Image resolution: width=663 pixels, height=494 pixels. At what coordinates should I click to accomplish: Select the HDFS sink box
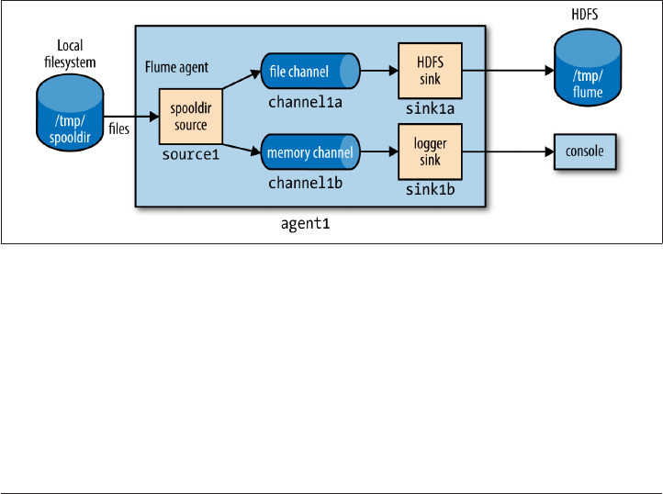(422, 69)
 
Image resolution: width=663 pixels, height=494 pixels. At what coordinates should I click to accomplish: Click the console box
(585, 152)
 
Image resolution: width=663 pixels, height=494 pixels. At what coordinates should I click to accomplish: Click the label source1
(190, 155)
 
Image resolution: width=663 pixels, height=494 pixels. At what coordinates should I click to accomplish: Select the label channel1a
(305, 102)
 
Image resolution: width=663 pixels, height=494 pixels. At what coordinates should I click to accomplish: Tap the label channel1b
(305, 184)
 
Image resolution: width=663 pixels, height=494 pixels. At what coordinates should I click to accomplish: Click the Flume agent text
(177, 68)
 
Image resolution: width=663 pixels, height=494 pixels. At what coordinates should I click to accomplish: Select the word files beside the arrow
(118, 130)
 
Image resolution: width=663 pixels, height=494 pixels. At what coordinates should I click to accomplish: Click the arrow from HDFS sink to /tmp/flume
(500, 69)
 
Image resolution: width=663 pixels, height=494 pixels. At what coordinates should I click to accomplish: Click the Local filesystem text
(70, 53)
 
